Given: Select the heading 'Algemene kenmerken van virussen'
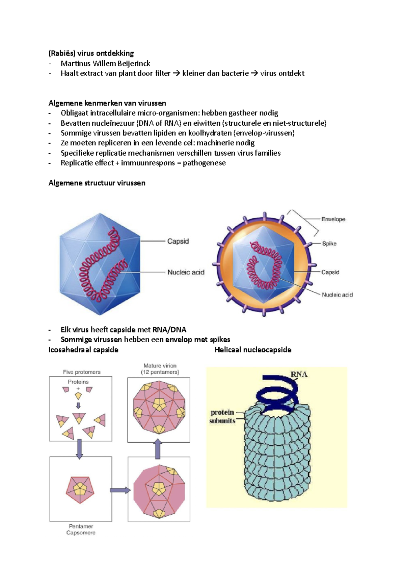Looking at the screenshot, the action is click(107, 103).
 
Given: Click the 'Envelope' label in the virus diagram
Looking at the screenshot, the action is click(333, 219).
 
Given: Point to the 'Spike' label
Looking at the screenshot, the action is click(329, 244).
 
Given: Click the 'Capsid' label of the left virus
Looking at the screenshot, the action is click(178, 241).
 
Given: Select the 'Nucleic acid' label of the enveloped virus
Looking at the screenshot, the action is click(337, 295).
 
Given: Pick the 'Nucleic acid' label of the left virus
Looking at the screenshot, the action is click(186, 272).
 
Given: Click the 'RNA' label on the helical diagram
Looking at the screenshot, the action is click(299, 374).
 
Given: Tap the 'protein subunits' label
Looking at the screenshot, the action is click(222, 416).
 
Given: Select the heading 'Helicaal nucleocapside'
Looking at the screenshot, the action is click(253, 350).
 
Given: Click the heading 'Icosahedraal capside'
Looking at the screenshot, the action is click(83, 350).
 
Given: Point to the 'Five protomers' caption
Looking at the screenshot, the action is click(82, 372).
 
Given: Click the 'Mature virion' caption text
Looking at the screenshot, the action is click(160, 366).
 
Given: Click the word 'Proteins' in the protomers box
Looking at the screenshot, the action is click(78, 382).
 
